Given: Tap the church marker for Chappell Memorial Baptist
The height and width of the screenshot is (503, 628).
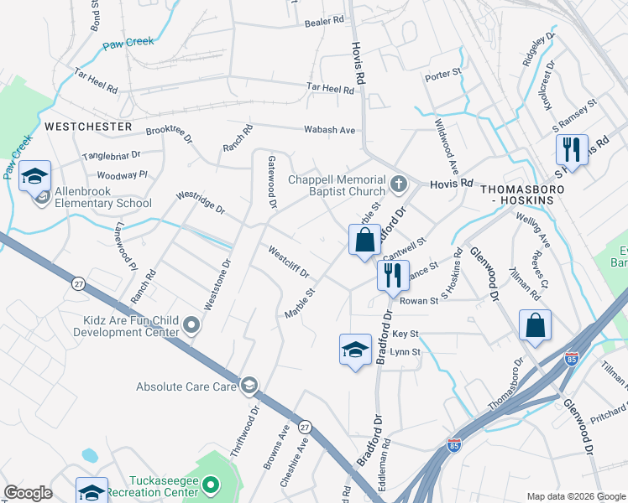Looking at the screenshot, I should pos(399,182).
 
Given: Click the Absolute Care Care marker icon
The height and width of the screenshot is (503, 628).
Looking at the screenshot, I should pos(249,386).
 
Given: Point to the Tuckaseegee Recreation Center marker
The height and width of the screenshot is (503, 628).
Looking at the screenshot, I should pos(212,484).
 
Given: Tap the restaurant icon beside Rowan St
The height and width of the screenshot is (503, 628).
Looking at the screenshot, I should pos(393,275).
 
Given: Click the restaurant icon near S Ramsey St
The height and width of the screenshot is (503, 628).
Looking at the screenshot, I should pos(572,151).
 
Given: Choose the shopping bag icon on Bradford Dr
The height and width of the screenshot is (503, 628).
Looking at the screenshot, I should pos(364,241).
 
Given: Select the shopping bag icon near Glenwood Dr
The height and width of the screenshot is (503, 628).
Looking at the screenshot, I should pos(535,326).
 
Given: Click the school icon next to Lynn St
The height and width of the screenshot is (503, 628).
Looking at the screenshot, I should pos(355,350).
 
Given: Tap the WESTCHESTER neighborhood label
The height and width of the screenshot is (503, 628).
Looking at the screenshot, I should pos(88,127).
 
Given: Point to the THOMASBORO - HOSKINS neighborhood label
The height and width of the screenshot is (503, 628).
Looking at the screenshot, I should pos(528,195).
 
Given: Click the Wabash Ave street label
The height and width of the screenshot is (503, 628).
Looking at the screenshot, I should pos(330,130).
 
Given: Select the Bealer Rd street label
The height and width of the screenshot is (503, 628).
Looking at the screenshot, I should pos(326,20).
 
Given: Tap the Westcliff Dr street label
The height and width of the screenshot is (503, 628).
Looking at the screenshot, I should pos(289,262).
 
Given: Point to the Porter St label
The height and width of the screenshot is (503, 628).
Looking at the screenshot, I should pos(444,75).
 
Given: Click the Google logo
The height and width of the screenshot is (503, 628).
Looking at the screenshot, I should pos(29,492).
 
